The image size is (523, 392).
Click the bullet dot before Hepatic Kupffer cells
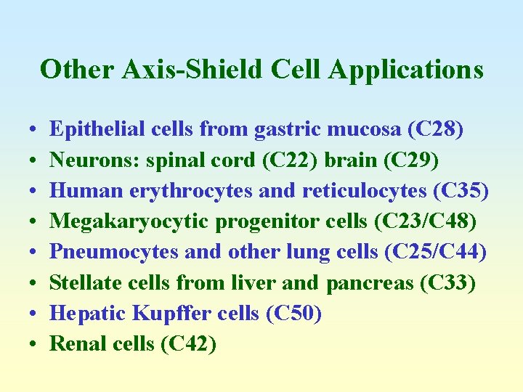(x=36, y=314)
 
